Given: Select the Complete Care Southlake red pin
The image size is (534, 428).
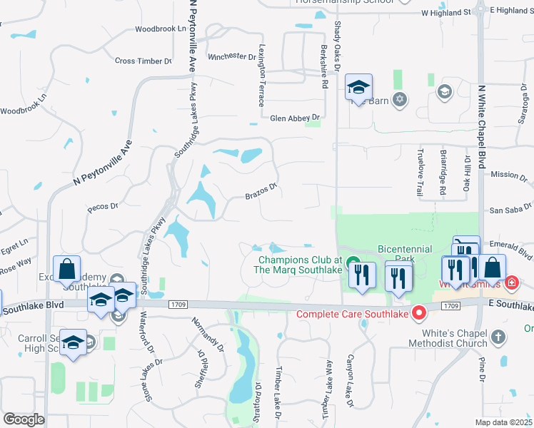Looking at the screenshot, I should point(421,312).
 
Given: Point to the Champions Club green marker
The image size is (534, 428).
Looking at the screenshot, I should point(352,264).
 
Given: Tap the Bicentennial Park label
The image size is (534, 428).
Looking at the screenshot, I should point(405,253).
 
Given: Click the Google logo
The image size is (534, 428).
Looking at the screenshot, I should point(24,419).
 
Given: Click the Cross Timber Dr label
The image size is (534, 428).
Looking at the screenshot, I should point(143,61).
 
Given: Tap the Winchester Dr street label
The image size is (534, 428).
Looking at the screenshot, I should point(231,56).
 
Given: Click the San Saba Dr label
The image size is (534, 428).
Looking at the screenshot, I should point(507,210).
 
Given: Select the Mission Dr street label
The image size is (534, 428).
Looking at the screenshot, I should point(508,174).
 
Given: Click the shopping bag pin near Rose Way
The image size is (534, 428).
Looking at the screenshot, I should point(66,270).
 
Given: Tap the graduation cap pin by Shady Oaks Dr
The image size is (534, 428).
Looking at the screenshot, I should point(358,88).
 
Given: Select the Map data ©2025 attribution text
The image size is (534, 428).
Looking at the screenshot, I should point(504,422).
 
